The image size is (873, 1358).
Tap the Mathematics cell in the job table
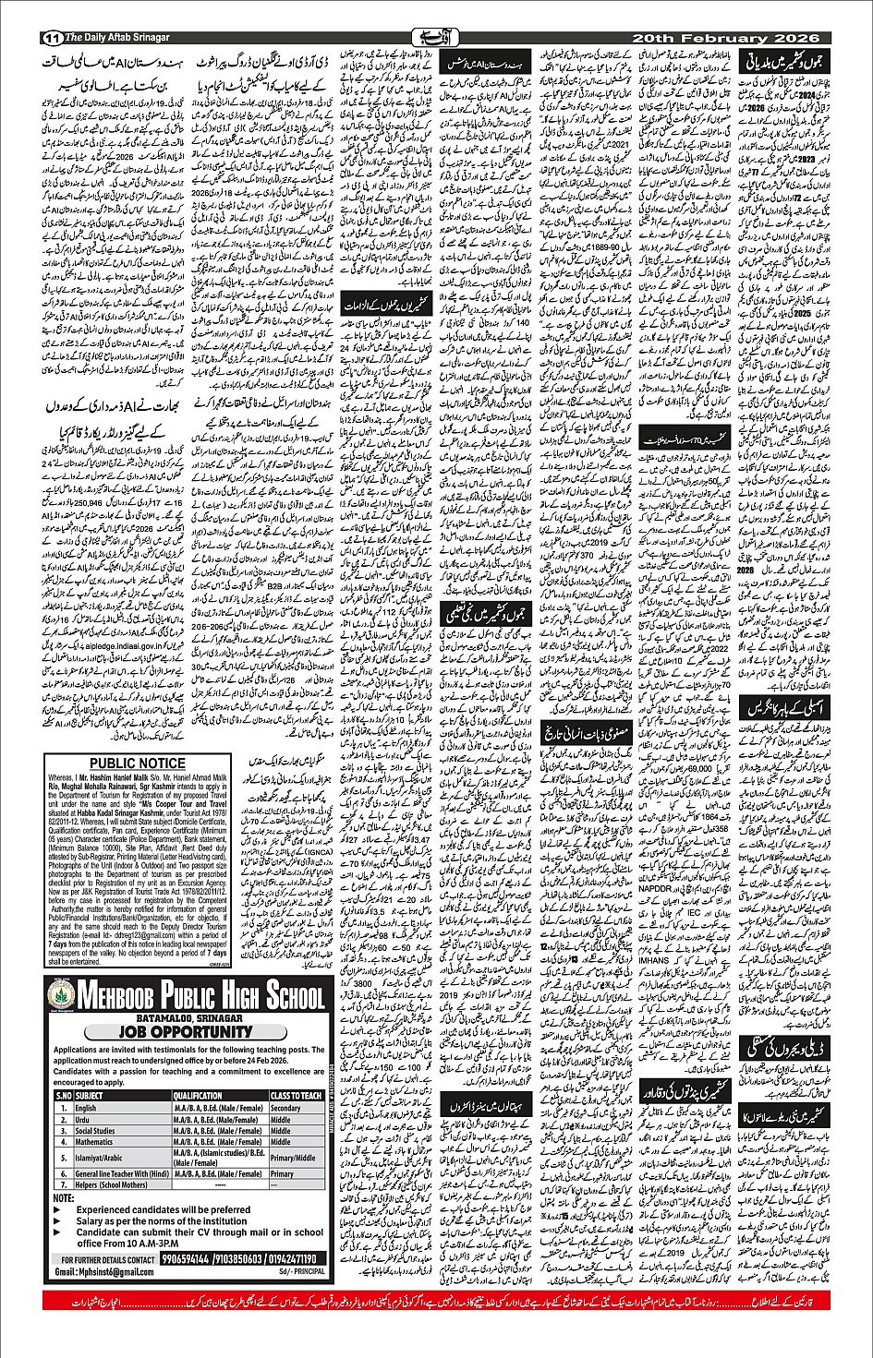(97, 1142)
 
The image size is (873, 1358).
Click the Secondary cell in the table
(285, 1108)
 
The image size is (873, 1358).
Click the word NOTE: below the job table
(64, 1197)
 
